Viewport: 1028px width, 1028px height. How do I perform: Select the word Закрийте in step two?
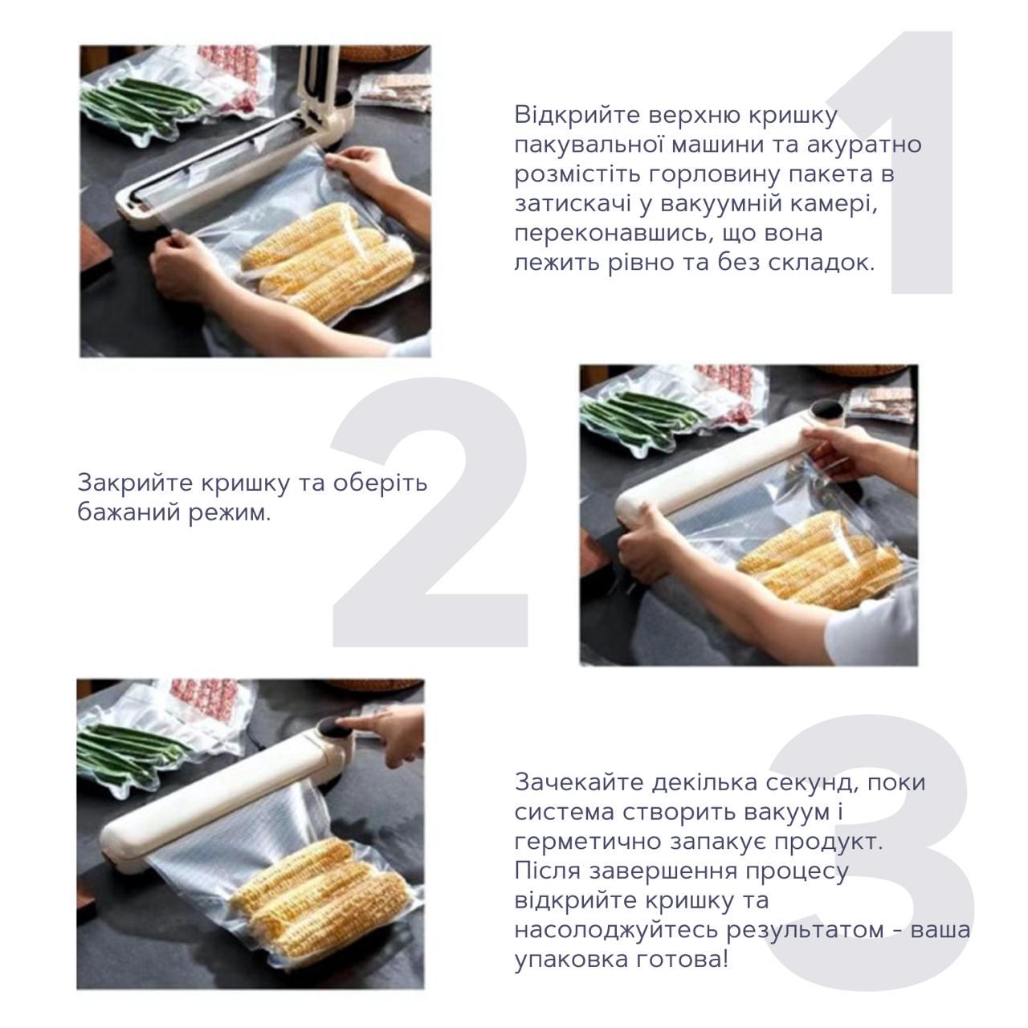tap(134, 483)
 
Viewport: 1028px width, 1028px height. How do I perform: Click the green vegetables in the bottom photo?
tap(120, 751)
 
